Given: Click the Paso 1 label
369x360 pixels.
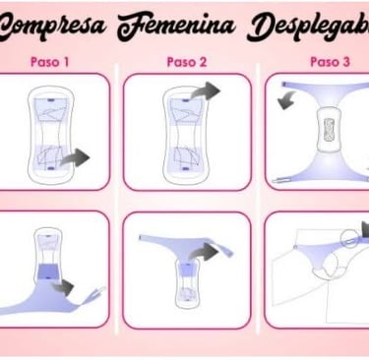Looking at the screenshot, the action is click(x=49, y=62).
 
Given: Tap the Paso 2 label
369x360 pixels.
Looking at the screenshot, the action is click(x=187, y=62).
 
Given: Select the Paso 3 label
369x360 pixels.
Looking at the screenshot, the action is click(x=330, y=62).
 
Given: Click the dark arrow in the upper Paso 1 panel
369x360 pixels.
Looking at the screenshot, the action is click(x=75, y=157).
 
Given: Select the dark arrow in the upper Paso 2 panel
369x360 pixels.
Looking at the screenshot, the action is click(x=206, y=90).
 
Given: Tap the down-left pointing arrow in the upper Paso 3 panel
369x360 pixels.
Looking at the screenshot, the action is click(x=285, y=100).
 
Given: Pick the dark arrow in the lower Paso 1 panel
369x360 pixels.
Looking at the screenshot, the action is click(x=63, y=287).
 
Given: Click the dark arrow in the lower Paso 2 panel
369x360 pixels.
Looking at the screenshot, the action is click(x=205, y=253).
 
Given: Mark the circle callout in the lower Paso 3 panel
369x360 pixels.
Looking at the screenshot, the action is click(x=348, y=239).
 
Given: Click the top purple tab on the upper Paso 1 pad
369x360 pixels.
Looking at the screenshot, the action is click(x=50, y=99).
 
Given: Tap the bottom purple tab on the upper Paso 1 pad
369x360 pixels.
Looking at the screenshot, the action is click(x=50, y=168).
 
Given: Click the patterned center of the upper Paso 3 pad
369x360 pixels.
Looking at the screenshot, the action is click(x=329, y=130).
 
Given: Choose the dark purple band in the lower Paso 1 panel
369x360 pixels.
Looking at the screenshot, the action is click(x=48, y=270).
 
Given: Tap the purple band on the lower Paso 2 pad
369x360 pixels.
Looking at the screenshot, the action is click(x=188, y=270).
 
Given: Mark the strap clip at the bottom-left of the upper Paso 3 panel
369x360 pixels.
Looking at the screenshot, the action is click(x=281, y=180).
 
